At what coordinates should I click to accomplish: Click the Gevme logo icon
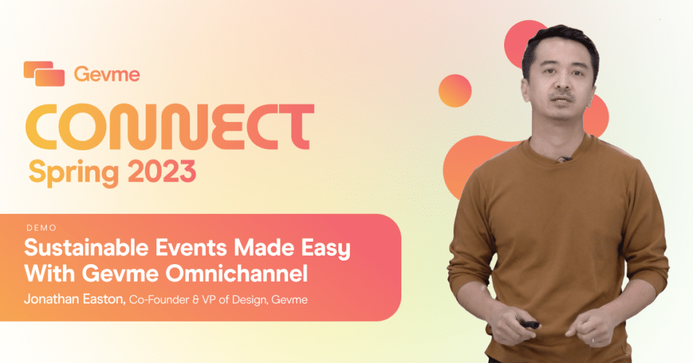(44, 73)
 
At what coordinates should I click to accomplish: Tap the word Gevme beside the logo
(106, 74)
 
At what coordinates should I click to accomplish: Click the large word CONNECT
(169, 127)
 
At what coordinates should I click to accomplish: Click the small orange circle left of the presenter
(455, 90)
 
